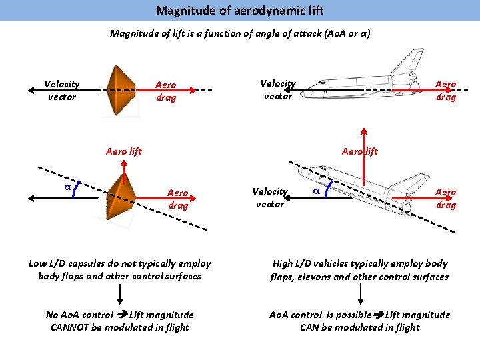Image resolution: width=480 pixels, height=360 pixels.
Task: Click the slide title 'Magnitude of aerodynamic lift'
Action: click(239, 11)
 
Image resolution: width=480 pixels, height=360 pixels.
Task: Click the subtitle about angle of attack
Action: click(239, 33)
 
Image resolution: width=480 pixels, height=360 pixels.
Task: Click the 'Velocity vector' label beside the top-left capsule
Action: click(61, 90)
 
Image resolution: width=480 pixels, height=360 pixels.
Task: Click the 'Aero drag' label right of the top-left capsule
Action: click(166, 91)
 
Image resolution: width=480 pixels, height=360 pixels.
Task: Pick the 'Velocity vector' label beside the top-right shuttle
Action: click(277, 90)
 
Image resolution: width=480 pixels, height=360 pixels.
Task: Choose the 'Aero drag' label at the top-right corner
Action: click(445, 91)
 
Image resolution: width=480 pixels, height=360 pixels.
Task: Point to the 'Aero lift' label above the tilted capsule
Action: click(124, 151)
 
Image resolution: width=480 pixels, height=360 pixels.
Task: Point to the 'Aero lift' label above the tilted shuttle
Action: click(359, 151)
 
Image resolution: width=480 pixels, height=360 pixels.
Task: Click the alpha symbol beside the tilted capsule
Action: click(67, 188)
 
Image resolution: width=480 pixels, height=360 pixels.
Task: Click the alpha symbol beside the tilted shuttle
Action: click(317, 191)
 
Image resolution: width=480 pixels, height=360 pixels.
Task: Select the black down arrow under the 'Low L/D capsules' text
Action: click(119, 294)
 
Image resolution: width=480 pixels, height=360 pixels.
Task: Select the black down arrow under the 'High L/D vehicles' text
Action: click(359, 294)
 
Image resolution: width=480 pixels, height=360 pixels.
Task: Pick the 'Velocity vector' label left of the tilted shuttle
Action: click(269, 197)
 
